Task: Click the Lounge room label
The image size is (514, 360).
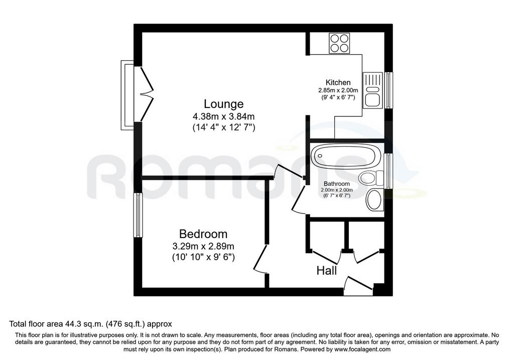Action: pos(223,104)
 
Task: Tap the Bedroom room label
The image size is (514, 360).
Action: pos(203,234)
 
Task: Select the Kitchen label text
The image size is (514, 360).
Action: pos(338,83)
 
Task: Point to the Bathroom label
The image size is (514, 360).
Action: pos(337,184)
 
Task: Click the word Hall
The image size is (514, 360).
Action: pos(327,271)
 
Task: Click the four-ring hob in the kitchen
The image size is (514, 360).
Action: pos(339,43)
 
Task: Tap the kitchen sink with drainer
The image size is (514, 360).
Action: pos(373,90)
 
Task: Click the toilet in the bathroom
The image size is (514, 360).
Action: pos(371,178)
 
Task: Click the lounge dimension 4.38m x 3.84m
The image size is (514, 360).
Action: pos(223,116)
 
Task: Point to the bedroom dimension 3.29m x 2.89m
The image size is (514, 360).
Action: pos(203,246)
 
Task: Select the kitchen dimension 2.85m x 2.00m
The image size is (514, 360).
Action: pos(338,90)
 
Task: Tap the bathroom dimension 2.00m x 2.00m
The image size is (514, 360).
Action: pos(337,190)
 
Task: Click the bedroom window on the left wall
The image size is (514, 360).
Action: pos(138,215)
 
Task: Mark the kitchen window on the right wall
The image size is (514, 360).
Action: pos(389,90)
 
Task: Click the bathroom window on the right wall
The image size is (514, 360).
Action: pos(389,171)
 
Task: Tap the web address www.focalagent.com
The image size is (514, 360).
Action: pos(362,349)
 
